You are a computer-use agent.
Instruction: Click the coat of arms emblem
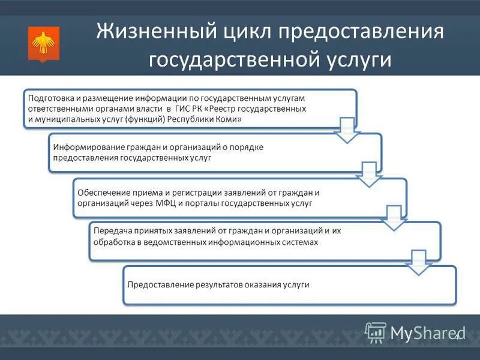42,43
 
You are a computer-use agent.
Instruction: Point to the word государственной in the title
241,61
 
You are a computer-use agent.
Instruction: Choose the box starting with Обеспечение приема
234,197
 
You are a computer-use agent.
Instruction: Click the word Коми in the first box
229,120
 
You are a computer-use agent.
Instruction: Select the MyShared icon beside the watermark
376,332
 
